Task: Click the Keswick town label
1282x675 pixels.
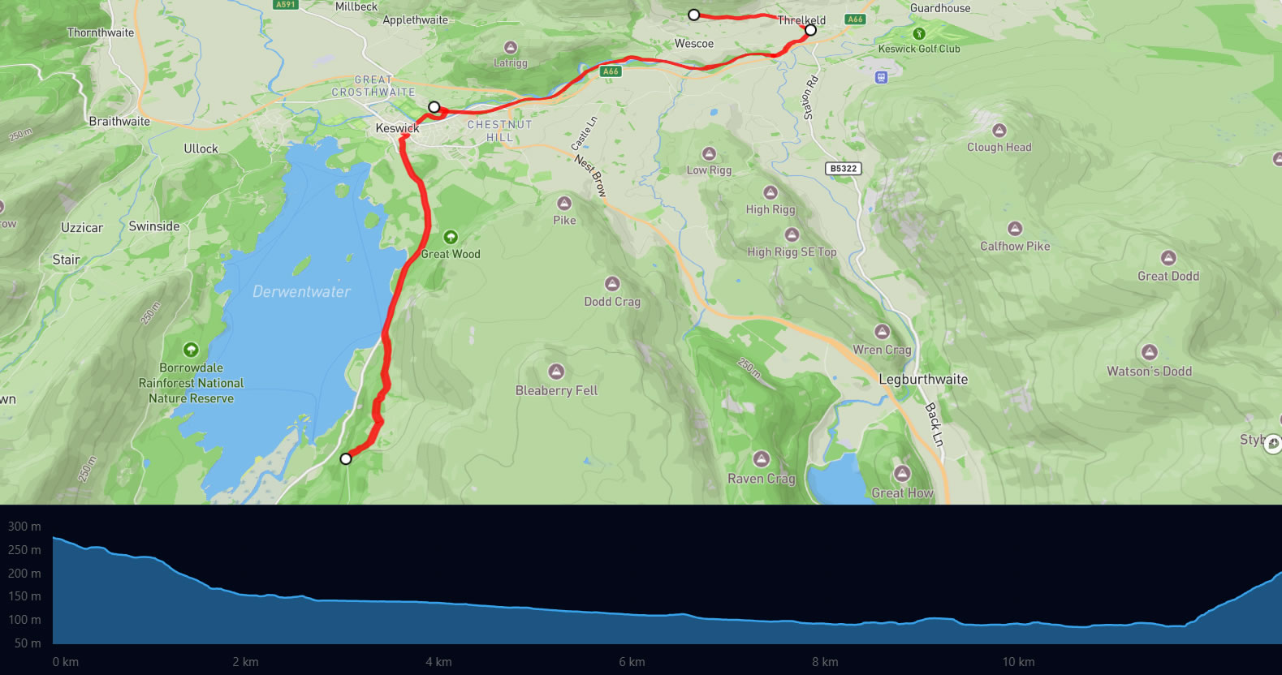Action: pos(397,128)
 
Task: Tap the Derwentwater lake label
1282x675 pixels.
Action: pos(301,291)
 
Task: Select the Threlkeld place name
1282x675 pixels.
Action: pos(801,20)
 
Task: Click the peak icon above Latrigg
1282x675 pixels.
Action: pos(510,48)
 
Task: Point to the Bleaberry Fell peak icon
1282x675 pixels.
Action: pos(556,372)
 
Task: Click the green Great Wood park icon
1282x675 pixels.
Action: pos(451,237)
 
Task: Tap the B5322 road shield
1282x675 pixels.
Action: pos(843,169)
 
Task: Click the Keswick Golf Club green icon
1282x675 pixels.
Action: pos(919,34)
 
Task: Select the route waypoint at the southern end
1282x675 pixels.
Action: pos(346,459)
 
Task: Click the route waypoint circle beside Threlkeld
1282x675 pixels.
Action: pos(810,30)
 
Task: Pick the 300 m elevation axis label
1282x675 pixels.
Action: pos(24,527)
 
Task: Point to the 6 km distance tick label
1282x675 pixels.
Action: pos(632,662)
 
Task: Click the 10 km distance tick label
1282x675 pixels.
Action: pos(1018,662)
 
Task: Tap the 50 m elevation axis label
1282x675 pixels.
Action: pos(28,643)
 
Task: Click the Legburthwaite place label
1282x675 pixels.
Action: pos(923,379)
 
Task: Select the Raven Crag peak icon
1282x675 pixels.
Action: pos(761,459)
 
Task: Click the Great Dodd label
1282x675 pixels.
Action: pos(1168,276)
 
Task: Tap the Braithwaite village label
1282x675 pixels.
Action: pos(119,122)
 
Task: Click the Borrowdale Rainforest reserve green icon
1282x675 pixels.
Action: pos(191,350)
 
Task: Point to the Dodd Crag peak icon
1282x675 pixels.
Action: pos(612,283)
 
